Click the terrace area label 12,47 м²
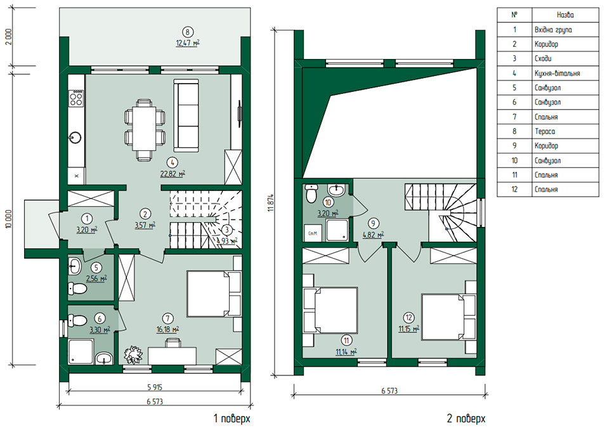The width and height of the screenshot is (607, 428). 188,42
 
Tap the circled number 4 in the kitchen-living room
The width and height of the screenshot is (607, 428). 173,162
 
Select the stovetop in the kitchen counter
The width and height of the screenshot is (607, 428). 76,98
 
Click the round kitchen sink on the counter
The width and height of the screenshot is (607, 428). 75,136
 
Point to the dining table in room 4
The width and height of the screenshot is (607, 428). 145,129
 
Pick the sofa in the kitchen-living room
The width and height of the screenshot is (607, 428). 186,115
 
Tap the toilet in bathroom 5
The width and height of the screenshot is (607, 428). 77,289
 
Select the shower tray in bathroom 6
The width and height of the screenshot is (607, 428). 81,352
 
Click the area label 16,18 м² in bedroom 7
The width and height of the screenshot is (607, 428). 167,330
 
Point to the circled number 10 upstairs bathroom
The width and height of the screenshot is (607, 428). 328,202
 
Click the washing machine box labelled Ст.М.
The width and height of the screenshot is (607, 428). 313,233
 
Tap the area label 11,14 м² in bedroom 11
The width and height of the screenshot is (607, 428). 346,352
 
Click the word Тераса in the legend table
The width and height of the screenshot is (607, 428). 545,132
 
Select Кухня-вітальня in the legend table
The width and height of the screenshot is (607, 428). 557,73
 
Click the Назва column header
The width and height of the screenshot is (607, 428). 565,15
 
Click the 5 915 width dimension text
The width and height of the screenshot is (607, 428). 155,387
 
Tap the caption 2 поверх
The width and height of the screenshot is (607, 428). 466,418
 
